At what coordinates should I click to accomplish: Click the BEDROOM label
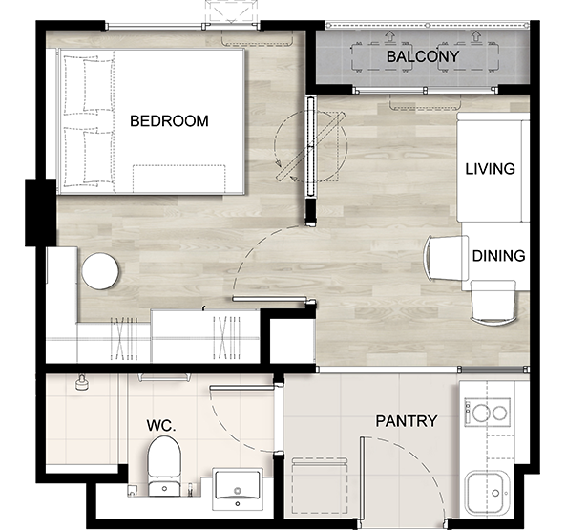point(169,121)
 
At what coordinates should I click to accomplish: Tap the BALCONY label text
point(423,56)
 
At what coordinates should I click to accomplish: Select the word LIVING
point(490,169)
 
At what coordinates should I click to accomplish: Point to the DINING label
point(498,256)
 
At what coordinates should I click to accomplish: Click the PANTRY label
point(407,421)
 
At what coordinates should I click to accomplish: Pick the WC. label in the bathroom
point(161,426)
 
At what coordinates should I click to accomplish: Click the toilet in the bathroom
point(164,466)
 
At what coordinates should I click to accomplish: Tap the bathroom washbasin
point(238,489)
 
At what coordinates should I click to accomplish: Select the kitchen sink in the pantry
point(486,493)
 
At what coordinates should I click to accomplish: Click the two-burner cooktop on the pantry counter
point(488,413)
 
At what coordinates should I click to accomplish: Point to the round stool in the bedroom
point(100,271)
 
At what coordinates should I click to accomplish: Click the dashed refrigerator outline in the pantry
point(320,485)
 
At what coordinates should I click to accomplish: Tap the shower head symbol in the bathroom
point(81,383)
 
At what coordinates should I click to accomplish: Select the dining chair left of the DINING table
point(446,258)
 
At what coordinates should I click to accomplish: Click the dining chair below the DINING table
point(493,303)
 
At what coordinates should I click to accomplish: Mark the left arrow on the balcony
point(389,35)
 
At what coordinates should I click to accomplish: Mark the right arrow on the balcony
point(476,35)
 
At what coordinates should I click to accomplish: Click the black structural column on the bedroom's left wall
point(41,213)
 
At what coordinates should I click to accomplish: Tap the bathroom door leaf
point(241,388)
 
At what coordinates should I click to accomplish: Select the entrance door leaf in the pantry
point(362,478)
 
